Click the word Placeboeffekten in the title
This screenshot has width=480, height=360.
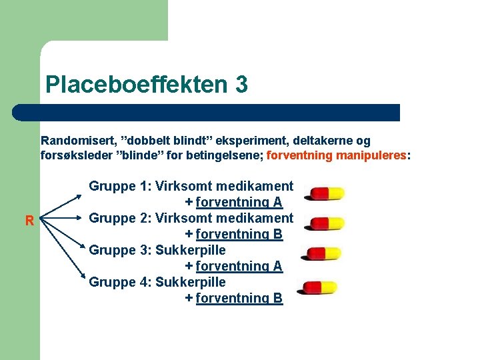pyautogui.click(x=136, y=85)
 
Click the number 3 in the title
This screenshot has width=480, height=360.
pyautogui.click(x=241, y=85)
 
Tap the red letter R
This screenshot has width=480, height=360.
pyautogui.click(x=29, y=221)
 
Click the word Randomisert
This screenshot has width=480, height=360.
pyautogui.click(x=77, y=141)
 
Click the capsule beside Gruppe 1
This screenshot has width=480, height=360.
pyautogui.click(x=324, y=193)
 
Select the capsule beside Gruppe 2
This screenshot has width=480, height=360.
pyautogui.click(x=324, y=223)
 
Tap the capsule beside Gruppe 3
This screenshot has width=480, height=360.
pyautogui.click(x=324, y=254)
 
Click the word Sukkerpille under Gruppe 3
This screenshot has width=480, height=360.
pyautogui.click(x=191, y=250)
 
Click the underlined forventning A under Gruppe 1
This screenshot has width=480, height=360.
pyautogui.click(x=239, y=202)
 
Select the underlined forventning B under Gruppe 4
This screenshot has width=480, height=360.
pyautogui.click(x=239, y=298)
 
